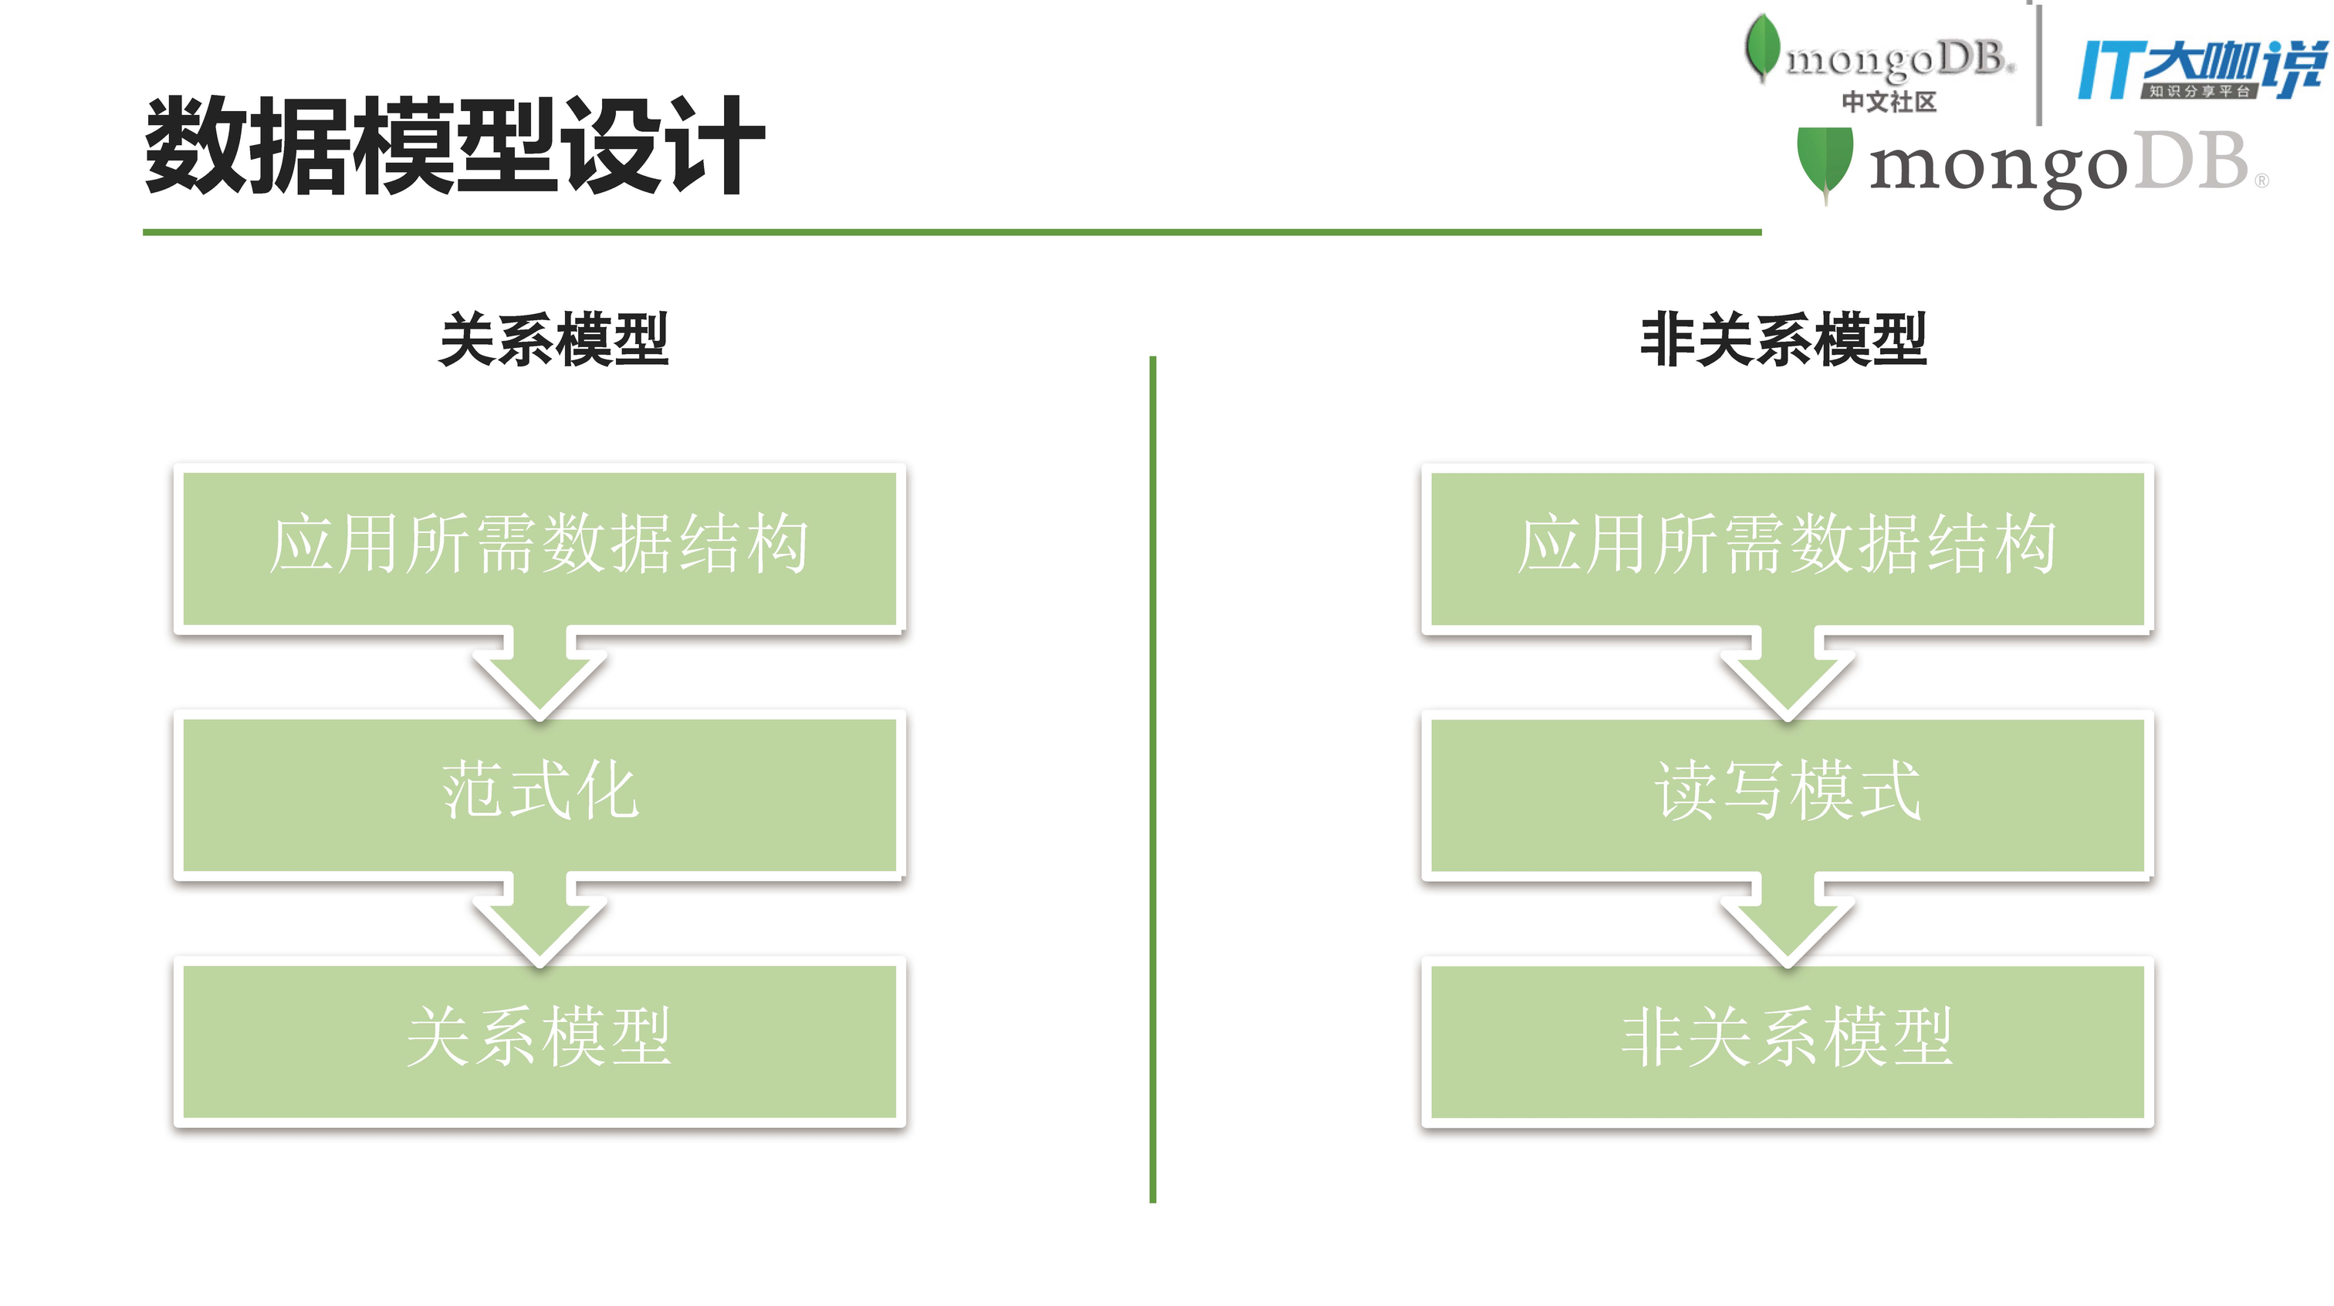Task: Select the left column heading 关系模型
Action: (553, 339)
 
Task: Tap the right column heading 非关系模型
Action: (1783, 339)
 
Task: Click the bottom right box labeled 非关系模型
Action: (1787, 1038)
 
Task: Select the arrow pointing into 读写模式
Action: (1787, 675)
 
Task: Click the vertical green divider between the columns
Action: (1152, 779)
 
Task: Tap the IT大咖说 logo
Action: (2202, 69)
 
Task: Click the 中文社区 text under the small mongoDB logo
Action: (1889, 101)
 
